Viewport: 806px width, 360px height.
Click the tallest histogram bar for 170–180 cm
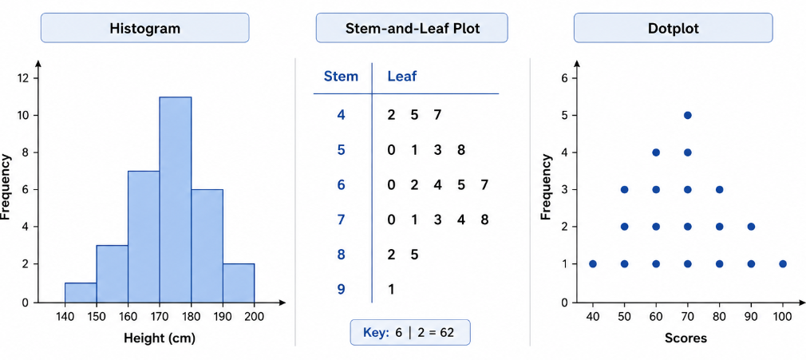tap(176, 200)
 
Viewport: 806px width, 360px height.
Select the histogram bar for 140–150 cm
tap(81, 293)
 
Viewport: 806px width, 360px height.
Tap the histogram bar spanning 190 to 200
tap(239, 283)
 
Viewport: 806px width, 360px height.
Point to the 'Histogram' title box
tap(145, 28)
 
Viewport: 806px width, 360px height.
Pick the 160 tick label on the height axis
tap(128, 317)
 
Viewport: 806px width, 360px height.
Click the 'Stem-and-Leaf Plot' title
tap(412, 28)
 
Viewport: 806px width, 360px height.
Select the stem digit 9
tap(340, 289)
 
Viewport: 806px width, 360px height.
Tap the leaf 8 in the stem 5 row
tap(460, 149)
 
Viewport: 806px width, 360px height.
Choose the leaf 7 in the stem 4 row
tap(437, 114)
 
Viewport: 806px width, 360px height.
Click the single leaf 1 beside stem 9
tap(391, 289)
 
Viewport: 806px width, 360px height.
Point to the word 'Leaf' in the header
tap(402, 77)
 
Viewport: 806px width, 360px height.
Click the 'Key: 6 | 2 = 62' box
tap(409, 332)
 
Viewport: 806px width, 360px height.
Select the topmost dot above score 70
tap(688, 115)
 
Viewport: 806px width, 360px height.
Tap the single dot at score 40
tap(593, 264)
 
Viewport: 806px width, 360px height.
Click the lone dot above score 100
tap(783, 264)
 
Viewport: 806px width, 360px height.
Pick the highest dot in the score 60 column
tap(656, 152)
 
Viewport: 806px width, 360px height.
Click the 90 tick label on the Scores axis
tap(751, 317)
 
